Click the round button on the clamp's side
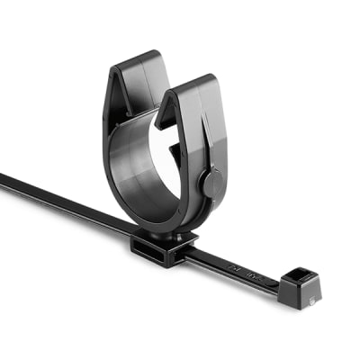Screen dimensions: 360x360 pyautogui.click(x=209, y=184)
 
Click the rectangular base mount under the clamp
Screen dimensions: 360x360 pyautogui.click(x=163, y=247)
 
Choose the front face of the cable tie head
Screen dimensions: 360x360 pyautogui.click(x=293, y=295)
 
